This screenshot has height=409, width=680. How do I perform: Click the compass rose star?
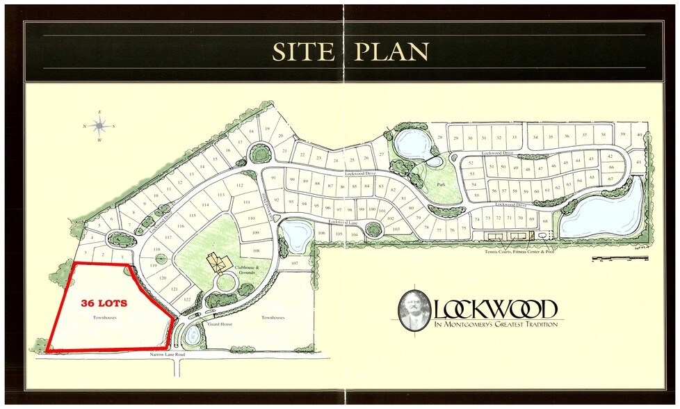click(100, 126)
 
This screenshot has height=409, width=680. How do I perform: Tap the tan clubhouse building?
click(220, 263)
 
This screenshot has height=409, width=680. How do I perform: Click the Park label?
click(440, 185)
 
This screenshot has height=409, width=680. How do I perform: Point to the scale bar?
click(619, 259)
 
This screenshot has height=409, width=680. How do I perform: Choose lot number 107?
click(294, 264)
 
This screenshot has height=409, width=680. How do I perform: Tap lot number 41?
click(638, 161)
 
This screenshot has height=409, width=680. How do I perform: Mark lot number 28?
click(439, 138)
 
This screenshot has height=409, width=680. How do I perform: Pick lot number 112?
click(240, 186)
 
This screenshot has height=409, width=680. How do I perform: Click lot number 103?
click(396, 229)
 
